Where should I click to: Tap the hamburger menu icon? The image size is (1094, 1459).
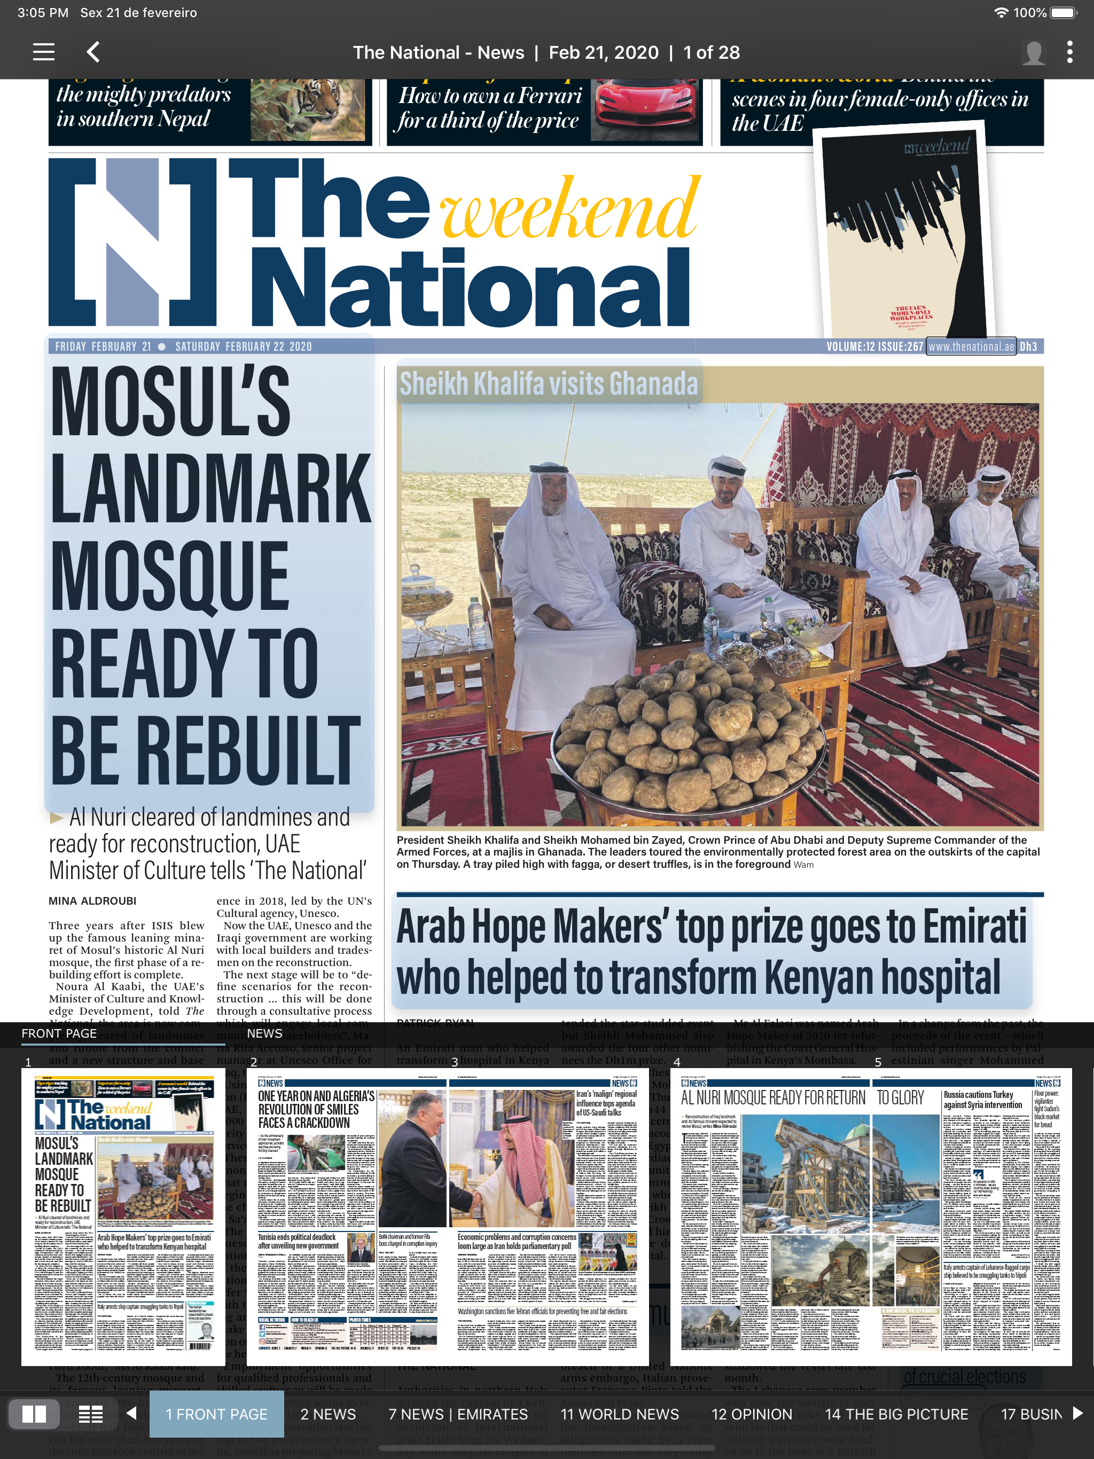[x=44, y=52]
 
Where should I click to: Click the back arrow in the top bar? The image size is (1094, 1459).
[x=93, y=52]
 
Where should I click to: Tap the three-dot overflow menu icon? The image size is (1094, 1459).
[x=1069, y=52]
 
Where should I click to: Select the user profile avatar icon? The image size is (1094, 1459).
[x=1033, y=53]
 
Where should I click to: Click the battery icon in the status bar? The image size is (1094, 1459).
[x=1063, y=12]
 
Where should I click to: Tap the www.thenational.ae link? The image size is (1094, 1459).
[x=971, y=346]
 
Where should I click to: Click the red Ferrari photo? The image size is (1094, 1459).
[x=645, y=109]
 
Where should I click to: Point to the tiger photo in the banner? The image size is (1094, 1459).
[x=308, y=109]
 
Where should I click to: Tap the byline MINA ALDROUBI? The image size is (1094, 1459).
[x=92, y=901]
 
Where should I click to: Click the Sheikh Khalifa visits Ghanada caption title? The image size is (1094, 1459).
[x=548, y=383]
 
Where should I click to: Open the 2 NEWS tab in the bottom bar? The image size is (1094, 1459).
[x=328, y=1414]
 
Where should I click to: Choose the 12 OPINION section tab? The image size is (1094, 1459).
[x=752, y=1414]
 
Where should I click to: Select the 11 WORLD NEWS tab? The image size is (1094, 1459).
[x=619, y=1414]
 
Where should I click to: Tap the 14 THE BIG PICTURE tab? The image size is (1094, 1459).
[x=896, y=1414]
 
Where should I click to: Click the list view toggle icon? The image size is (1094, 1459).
[x=90, y=1414]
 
